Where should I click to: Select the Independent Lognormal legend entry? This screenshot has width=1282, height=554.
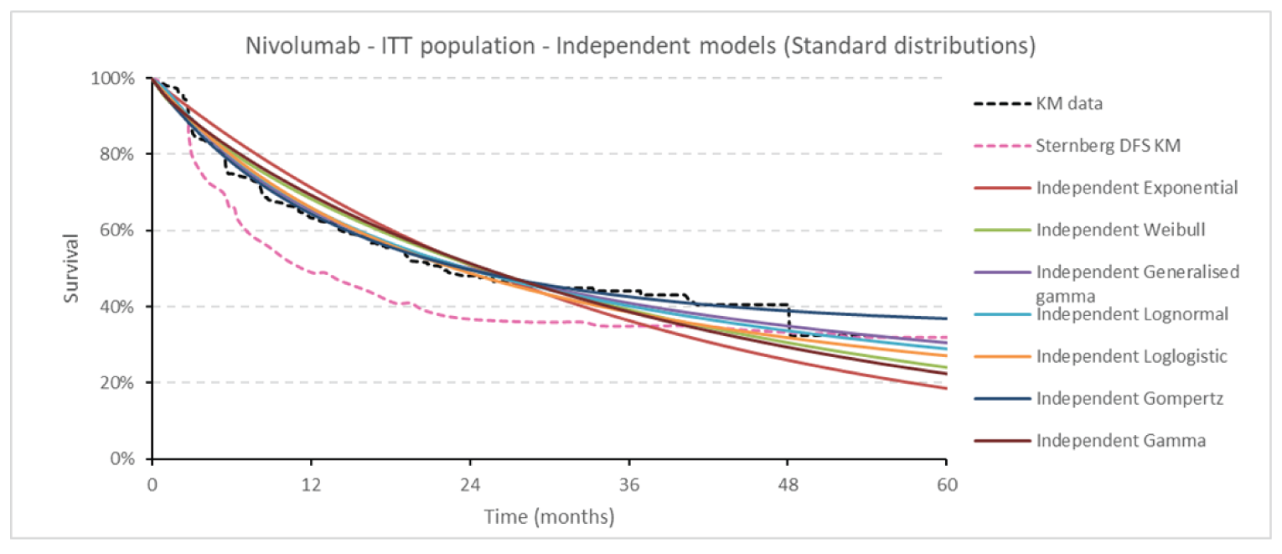click(1131, 314)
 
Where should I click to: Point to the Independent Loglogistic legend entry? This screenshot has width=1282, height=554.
click(1131, 356)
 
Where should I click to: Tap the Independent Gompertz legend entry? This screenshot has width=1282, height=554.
click(1130, 398)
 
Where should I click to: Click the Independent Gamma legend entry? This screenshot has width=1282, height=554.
click(1121, 440)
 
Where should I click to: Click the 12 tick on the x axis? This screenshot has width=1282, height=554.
click(311, 484)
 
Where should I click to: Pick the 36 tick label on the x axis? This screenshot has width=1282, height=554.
click(628, 484)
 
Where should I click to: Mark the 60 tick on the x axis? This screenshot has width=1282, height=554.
click(946, 484)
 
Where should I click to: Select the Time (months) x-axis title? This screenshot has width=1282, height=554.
click(549, 516)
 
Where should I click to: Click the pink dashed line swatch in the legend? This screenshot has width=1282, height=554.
click(1000, 146)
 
